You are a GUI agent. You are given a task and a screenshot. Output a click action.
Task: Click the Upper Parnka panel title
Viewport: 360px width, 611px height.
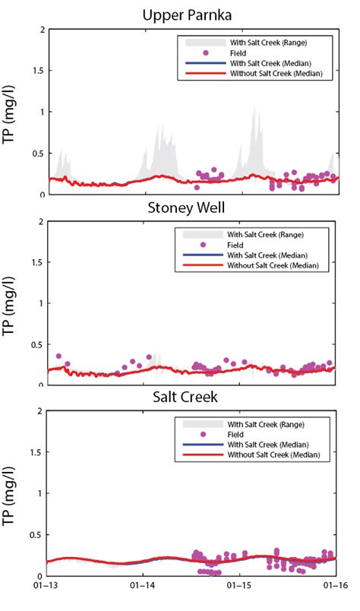[x=191, y=14]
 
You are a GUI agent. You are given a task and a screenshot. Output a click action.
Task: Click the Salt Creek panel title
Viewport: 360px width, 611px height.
[x=191, y=399]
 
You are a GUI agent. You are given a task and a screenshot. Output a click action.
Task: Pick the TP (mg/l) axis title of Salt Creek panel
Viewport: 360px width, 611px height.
[x=14, y=494]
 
